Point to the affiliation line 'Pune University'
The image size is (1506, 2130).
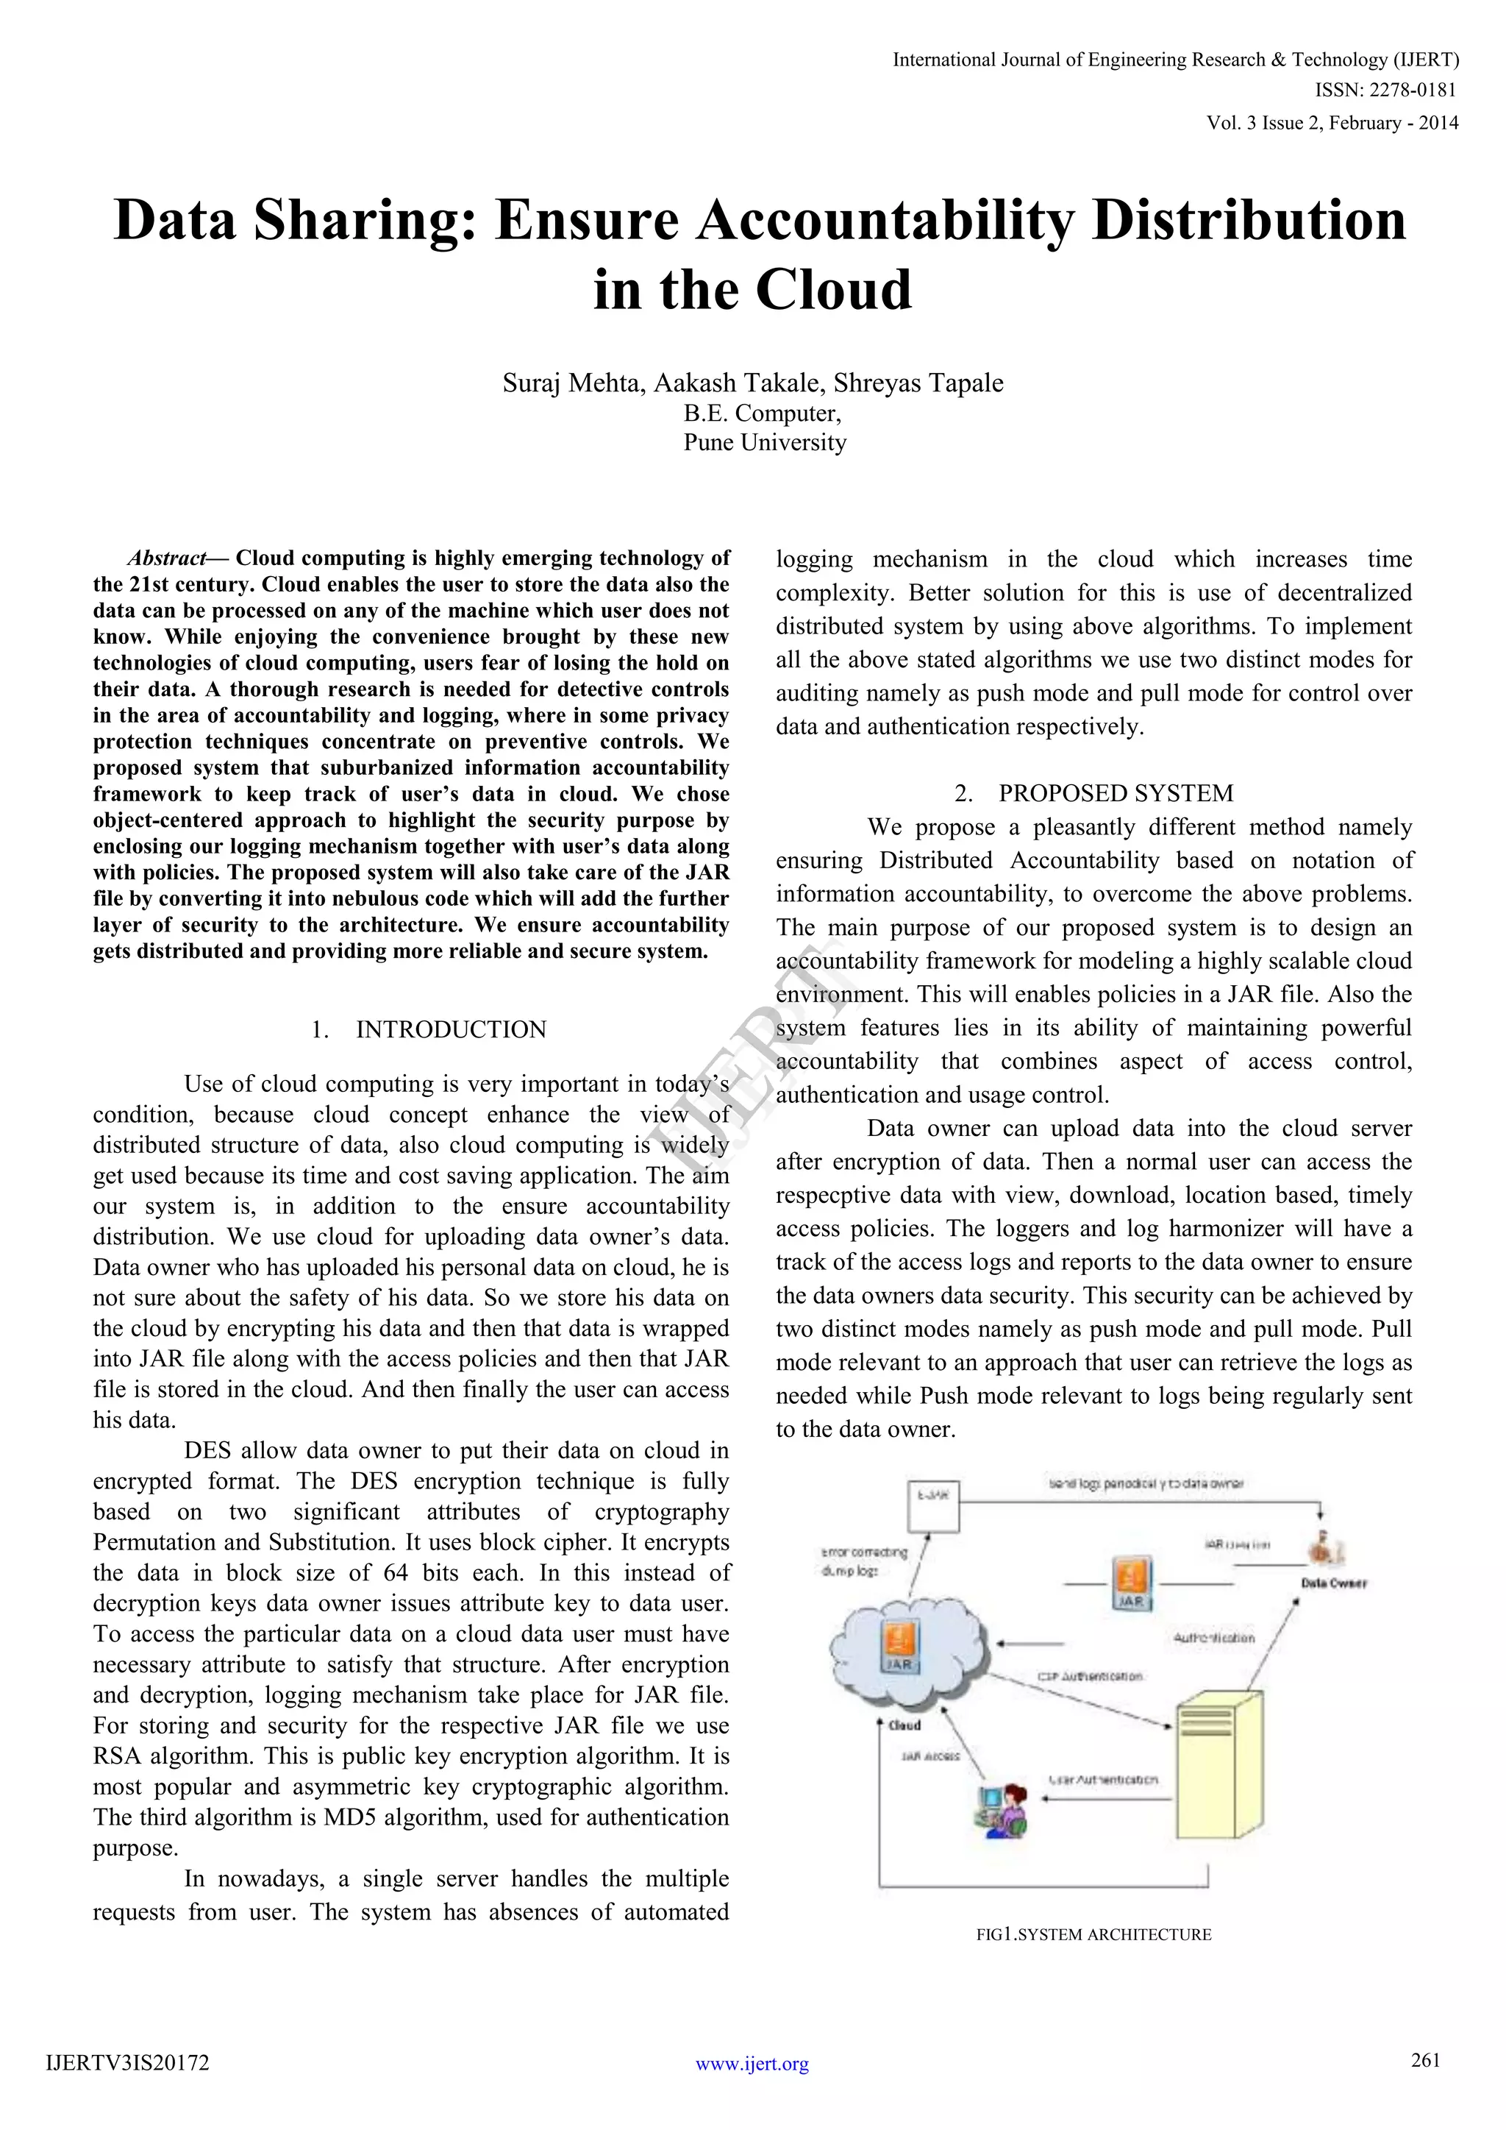tap(765, 442)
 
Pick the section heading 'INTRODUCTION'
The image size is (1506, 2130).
tap(451, 1030)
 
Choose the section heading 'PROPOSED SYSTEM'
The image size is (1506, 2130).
tap(1116, 793)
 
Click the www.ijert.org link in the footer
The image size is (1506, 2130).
tap(752, 2063)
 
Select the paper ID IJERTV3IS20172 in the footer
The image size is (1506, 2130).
tap(128, 2063)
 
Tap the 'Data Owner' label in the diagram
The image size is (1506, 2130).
tap(1333, 1583)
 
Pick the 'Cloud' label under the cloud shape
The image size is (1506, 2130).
tap(904, 1725)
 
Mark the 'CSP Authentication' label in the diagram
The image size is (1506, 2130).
tap(1090, 1676)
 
